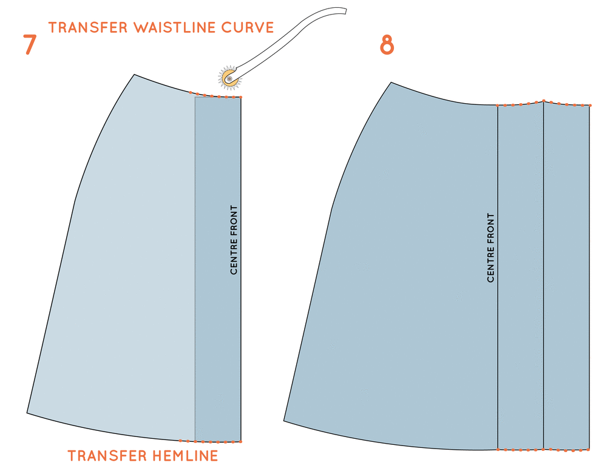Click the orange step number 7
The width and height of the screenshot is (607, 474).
coord(30,46)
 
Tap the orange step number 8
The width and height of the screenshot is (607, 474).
coord(387,46)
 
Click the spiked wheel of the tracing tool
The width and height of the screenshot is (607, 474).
coord(228,76)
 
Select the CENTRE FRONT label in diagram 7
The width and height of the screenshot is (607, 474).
coord(234,240)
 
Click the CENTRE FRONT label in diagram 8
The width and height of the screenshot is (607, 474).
coord(490,248)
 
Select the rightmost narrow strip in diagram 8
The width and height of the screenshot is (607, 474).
coord(566,273)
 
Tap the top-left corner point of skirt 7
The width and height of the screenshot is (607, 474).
coord(134,75)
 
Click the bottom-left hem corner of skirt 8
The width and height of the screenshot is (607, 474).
coord(284,420)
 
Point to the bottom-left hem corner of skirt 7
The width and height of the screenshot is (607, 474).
coord(27,413)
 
